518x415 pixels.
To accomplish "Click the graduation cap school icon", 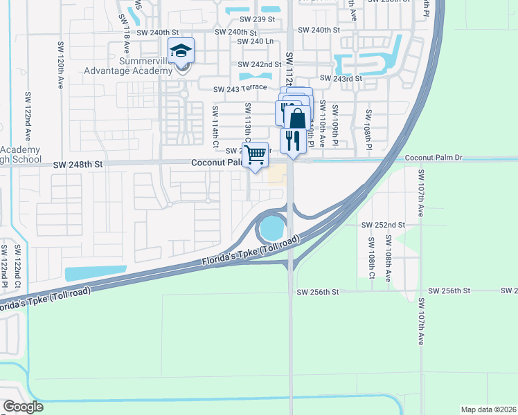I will [181, 51].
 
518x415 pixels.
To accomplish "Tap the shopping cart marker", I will [255, 154].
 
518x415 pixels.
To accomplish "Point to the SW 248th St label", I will [78, 165].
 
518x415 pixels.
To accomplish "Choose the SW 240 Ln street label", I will [255, 41].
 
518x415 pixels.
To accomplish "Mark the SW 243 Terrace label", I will [240, 89].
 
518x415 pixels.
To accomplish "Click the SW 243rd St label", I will [341, 79].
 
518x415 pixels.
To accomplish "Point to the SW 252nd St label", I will [383, 225].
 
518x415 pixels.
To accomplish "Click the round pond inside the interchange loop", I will [271, 226].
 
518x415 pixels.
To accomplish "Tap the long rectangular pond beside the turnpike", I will [96, 273].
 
